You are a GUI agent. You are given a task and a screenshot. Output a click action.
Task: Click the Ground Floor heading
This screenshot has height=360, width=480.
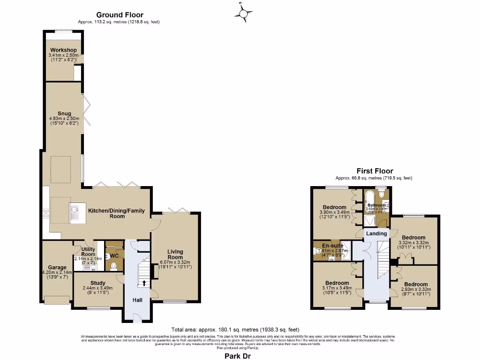point(120,15)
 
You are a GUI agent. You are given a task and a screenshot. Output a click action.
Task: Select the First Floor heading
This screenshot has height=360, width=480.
point(375,171)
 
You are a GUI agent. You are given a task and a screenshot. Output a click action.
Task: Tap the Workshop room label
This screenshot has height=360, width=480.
point(63,50)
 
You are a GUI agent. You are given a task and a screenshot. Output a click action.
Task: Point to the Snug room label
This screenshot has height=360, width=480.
point(64,113)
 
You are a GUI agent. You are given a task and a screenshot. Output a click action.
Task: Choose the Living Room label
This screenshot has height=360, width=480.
point(175,255)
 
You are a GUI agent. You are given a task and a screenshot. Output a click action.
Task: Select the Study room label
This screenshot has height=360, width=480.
point(97,283)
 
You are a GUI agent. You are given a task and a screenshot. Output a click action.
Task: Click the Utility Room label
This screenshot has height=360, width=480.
point(88,252)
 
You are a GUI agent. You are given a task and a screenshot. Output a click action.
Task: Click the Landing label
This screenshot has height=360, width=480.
point(376,233)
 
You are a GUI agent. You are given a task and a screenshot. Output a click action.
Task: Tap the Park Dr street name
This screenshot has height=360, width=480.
point(240,356)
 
